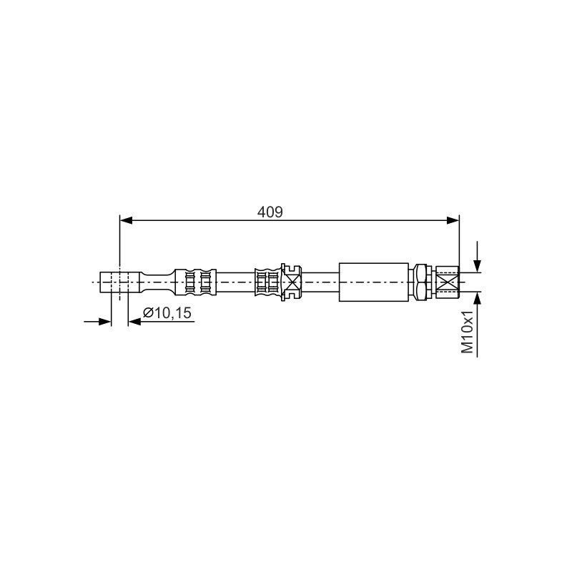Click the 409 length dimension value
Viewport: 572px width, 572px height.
tap(270, 212)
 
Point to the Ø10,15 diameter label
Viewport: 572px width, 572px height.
tap(167, 313)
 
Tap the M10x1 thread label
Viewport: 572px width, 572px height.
tap(468, 332)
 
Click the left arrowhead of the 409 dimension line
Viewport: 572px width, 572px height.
tap(127, 220)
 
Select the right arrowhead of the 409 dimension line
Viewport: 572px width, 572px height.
tap(453, 220)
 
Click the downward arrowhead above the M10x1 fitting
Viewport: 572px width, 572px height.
tap(477, 266)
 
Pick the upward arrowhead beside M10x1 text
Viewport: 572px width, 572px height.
tap(477, 298)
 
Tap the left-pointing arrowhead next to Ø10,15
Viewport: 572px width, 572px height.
tap(134, 321)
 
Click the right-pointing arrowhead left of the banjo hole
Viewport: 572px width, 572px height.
tap(104, 321)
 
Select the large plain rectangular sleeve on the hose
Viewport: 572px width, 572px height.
tap(373, 282)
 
